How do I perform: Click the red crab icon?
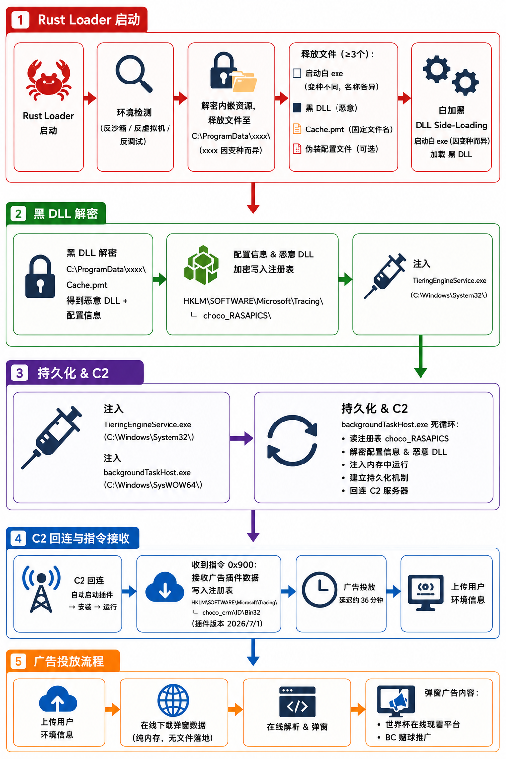point(48,81)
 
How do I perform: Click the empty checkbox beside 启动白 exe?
point(297,73)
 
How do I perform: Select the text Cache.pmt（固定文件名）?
point(349,129)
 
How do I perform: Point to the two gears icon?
point(451,75)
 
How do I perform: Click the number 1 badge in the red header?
point(20,20)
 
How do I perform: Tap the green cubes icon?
point(201,265)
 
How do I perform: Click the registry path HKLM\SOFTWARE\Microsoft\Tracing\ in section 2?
point(253,301)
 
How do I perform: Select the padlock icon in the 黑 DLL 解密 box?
point(41,277)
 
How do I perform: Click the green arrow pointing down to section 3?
point(421,356)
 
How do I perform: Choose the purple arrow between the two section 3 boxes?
point(242,438)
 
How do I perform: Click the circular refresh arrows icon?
point(292,440)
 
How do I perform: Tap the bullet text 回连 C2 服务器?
point(379,491)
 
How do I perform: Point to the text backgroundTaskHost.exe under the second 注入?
point(147,473)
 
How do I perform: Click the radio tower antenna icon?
point(41,589)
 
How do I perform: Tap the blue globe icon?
point(173,700)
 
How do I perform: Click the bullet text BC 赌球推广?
point(408,737)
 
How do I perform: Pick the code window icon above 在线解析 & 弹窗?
point(297,702)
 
